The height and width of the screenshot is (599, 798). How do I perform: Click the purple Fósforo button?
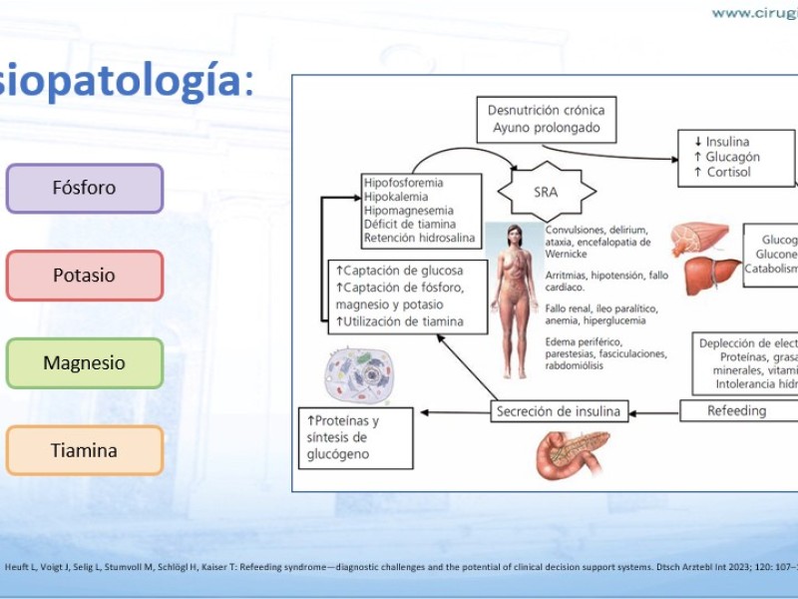[x=85, y=189]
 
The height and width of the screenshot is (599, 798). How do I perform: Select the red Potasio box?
[x=85, y=276]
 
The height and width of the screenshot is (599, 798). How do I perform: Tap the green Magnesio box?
[x=85, y=363]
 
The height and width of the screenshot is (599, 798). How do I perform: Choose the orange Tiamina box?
[x=85, y=450]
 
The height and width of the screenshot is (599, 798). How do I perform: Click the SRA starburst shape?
[x=545, y=191]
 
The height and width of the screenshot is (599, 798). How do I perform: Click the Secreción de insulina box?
[x=558, y=410]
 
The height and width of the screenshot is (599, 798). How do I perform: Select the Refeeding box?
[x=738, y=410]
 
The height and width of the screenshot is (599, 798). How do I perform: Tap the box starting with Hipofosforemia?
[x=422, y=211]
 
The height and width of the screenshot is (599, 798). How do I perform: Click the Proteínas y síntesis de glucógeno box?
[x=356, y=437]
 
